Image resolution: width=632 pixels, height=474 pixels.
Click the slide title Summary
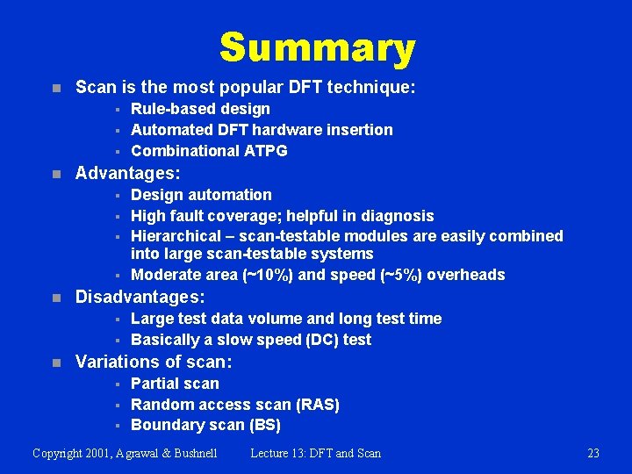click(x=317, y=48)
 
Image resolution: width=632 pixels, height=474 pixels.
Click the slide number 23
click(x=592, y=453)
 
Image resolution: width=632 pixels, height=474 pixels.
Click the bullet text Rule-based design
click(x=200, y=109)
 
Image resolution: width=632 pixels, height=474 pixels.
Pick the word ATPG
click(x=266, y=151)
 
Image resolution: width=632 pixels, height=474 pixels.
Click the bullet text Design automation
click(x=201, y=195)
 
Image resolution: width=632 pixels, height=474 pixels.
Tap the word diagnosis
click(x=399, y=216)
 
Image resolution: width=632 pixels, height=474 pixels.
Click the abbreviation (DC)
click(x=320, y=340)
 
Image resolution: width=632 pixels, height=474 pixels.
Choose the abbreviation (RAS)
click(x=317, y=405)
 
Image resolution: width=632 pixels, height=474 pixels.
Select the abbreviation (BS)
click(x=265, y=426)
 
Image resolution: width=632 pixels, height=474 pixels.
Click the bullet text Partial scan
click(x=175, y=384)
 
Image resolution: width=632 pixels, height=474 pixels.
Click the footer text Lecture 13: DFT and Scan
click(x=315, y=453)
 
